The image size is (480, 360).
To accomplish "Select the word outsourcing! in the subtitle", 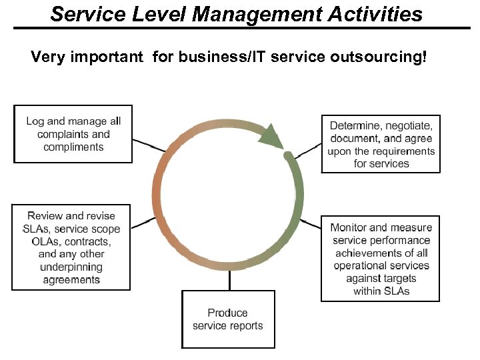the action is [383, 57].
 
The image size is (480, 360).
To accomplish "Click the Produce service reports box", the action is [227, 319].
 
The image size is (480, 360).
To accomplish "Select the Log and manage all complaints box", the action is [73, 133].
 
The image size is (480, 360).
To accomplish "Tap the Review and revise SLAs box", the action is [71, 247].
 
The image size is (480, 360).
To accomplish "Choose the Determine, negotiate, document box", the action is [381, 143].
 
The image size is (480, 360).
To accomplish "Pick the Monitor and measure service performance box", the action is [381, 259].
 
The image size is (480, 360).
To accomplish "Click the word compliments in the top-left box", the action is [73, 147].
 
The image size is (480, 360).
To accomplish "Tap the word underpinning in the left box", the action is [71, 267].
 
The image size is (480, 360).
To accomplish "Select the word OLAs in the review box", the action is [45, 241].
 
